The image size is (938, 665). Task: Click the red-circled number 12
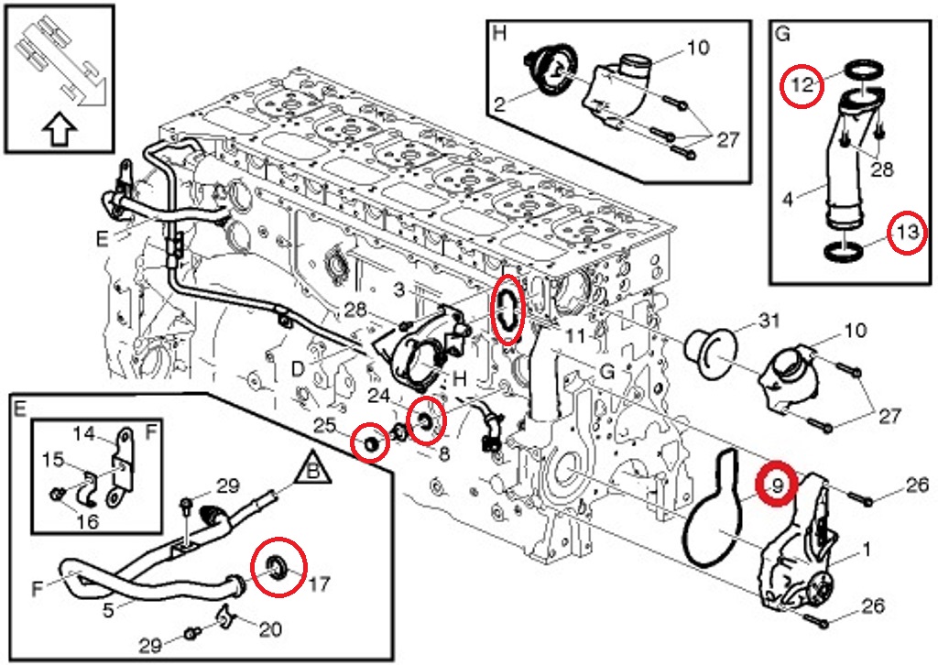(802, 85)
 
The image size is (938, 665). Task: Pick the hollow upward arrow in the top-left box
(59, 131)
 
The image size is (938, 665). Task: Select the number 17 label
(320, 582)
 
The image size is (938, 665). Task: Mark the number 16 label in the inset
(87, 522)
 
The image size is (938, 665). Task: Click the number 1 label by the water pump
(864, 551)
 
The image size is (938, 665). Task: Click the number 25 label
(323, 426)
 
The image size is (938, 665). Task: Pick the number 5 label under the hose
(109, 608)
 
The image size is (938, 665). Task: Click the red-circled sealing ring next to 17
(276, 569)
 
